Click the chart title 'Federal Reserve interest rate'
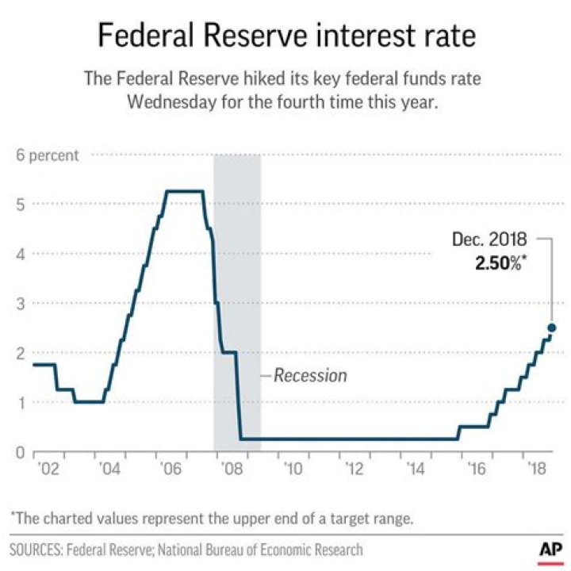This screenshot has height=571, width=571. point(285,35)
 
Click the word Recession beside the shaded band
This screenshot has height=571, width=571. point(310,375)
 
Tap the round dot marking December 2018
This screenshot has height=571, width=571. point(551,328)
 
